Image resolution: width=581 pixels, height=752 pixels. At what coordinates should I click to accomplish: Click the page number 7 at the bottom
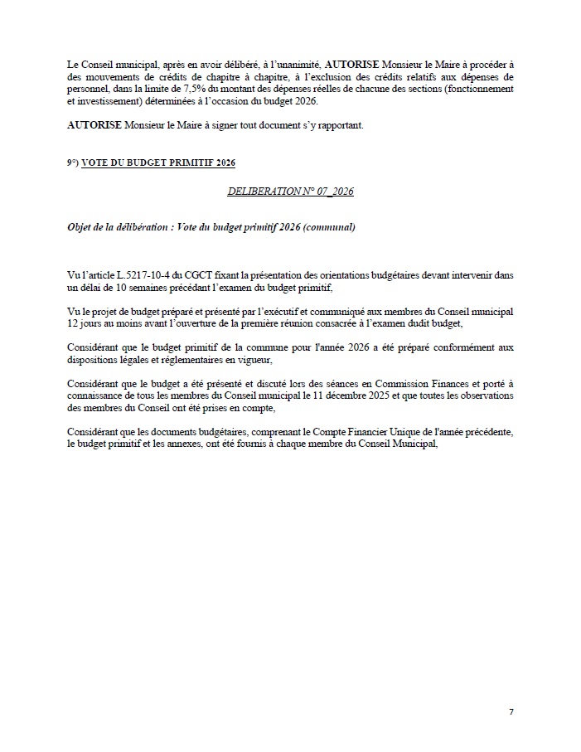click(x=511, y=711)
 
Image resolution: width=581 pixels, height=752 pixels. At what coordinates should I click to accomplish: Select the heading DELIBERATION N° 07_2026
click(x=291, y=192)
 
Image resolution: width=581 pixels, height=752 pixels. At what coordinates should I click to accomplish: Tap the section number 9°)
click(x=73, y=163)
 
